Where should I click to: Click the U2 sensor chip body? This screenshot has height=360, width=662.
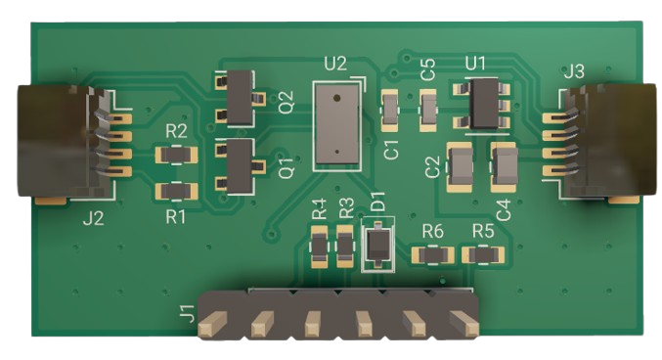click(337, 123)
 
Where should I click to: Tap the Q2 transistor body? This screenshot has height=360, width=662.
click(241, 98)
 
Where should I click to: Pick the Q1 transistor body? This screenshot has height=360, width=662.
click(241, 166)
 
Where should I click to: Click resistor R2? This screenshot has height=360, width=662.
click(176, 155)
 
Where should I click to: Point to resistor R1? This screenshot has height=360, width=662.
click(176, 192)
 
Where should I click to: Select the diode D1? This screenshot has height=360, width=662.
click(378, 246)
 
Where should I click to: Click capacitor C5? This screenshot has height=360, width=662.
click(427, 111)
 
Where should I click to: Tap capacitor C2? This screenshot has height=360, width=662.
click(460, 167)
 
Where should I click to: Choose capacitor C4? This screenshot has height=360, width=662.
click(505, 167)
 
